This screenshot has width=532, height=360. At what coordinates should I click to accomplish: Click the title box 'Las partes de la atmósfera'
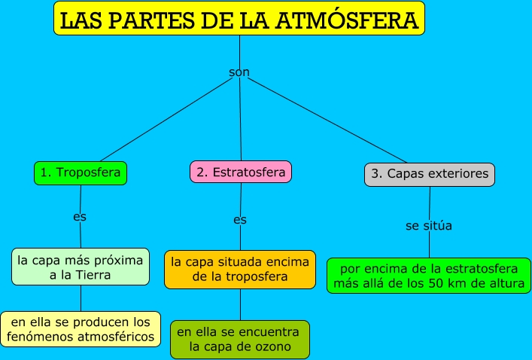coord(239,19)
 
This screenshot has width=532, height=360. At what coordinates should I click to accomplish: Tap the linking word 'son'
coord(239,72)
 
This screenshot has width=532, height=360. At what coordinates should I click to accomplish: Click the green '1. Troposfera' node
coord(81,173)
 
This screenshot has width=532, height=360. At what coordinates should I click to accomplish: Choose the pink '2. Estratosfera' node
coord(241,172)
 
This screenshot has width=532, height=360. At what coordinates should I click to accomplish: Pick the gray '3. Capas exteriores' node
coord(430,175)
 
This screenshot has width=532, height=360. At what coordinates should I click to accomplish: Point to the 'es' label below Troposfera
coord(80,217)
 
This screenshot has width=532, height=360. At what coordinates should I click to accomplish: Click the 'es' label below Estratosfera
coord(240,220)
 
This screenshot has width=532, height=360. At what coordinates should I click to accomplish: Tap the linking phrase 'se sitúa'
coord(429,225)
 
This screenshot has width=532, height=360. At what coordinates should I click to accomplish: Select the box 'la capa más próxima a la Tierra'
coord(80,267)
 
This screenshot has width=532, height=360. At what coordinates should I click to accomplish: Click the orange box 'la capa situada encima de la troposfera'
coord(240,270)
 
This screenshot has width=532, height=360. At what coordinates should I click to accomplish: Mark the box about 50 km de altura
coord(428,276)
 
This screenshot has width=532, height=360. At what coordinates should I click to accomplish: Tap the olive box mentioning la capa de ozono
coord(240,340)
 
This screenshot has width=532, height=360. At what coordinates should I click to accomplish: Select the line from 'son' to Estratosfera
coord(241,121)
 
